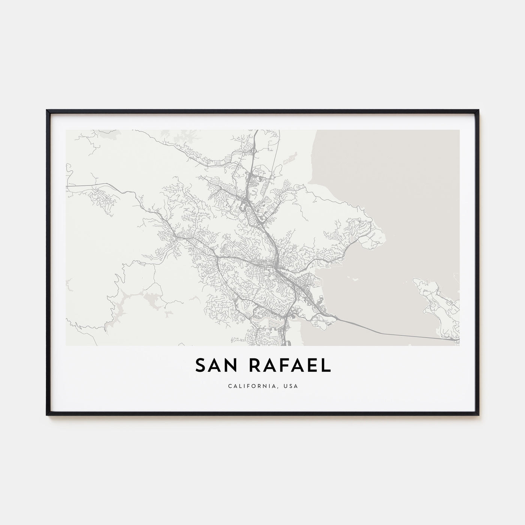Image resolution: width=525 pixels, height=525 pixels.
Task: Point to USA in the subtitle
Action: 291,386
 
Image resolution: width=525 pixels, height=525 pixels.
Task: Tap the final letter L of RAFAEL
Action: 327,366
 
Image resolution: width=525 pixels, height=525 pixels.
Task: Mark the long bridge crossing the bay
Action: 394,328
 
